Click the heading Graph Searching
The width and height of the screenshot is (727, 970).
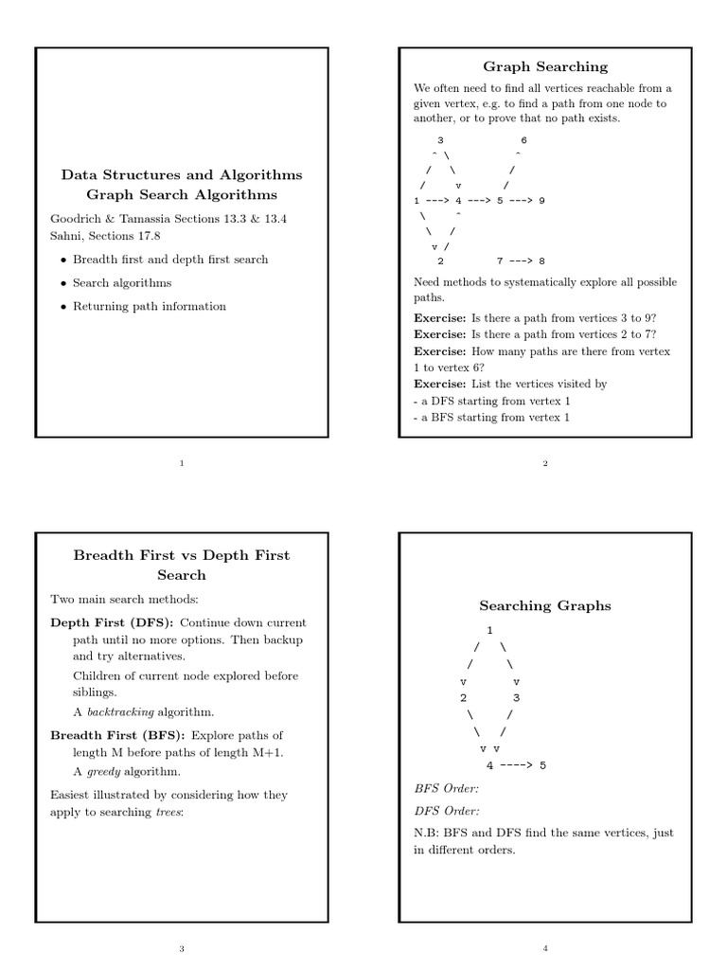click(545, 66)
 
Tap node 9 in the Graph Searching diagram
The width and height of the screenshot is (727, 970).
click(541, 201)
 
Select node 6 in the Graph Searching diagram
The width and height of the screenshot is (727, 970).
click(523, 140)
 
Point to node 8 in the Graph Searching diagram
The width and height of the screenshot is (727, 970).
click(541, 261)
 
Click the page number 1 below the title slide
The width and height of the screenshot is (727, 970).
click(182, 463)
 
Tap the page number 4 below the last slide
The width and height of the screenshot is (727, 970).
click(545, 948)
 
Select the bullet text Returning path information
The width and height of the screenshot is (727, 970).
click(150, 306)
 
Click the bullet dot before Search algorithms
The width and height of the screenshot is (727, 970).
click(62, 283)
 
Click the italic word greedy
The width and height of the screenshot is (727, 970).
click(104, 771)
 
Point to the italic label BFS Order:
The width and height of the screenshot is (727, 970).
click(447, 788)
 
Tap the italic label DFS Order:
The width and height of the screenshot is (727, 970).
click(447, 811)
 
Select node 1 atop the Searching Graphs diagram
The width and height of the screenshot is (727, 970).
click(489, 630)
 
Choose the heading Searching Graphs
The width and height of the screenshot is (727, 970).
click(545, 605)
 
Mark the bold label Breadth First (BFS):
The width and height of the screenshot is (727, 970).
click(118, 735)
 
